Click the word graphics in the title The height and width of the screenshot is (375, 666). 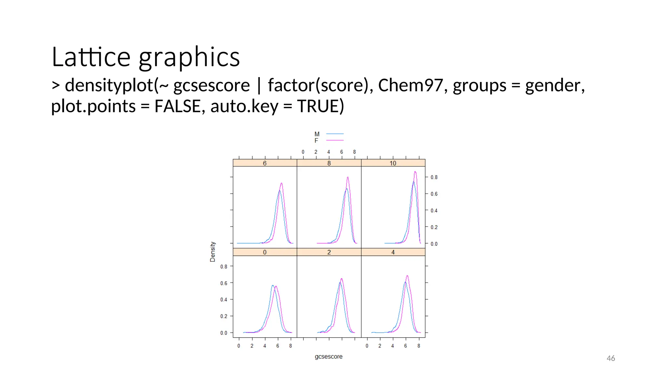(189, 58)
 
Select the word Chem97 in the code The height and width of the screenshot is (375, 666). (410, 85)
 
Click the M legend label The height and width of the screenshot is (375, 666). (317, 134)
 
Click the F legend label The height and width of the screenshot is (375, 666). (316, 141)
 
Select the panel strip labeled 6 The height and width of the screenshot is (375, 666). (265, 163)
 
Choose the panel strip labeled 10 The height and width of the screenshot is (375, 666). (393, 163)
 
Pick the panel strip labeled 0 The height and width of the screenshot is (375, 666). (265, 252)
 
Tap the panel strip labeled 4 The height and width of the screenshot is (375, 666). (393, 252)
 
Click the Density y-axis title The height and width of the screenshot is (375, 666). (213, 252)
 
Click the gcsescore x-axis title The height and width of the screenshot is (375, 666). (328, 357)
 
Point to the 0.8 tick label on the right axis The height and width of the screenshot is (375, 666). (434, 177)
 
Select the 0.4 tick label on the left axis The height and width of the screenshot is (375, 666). (224, 299)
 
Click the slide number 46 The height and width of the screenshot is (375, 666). (611, 358)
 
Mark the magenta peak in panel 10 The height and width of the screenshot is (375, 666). (415, 172)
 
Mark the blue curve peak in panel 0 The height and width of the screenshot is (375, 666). (273, 285)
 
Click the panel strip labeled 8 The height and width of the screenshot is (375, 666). (329, 163)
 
